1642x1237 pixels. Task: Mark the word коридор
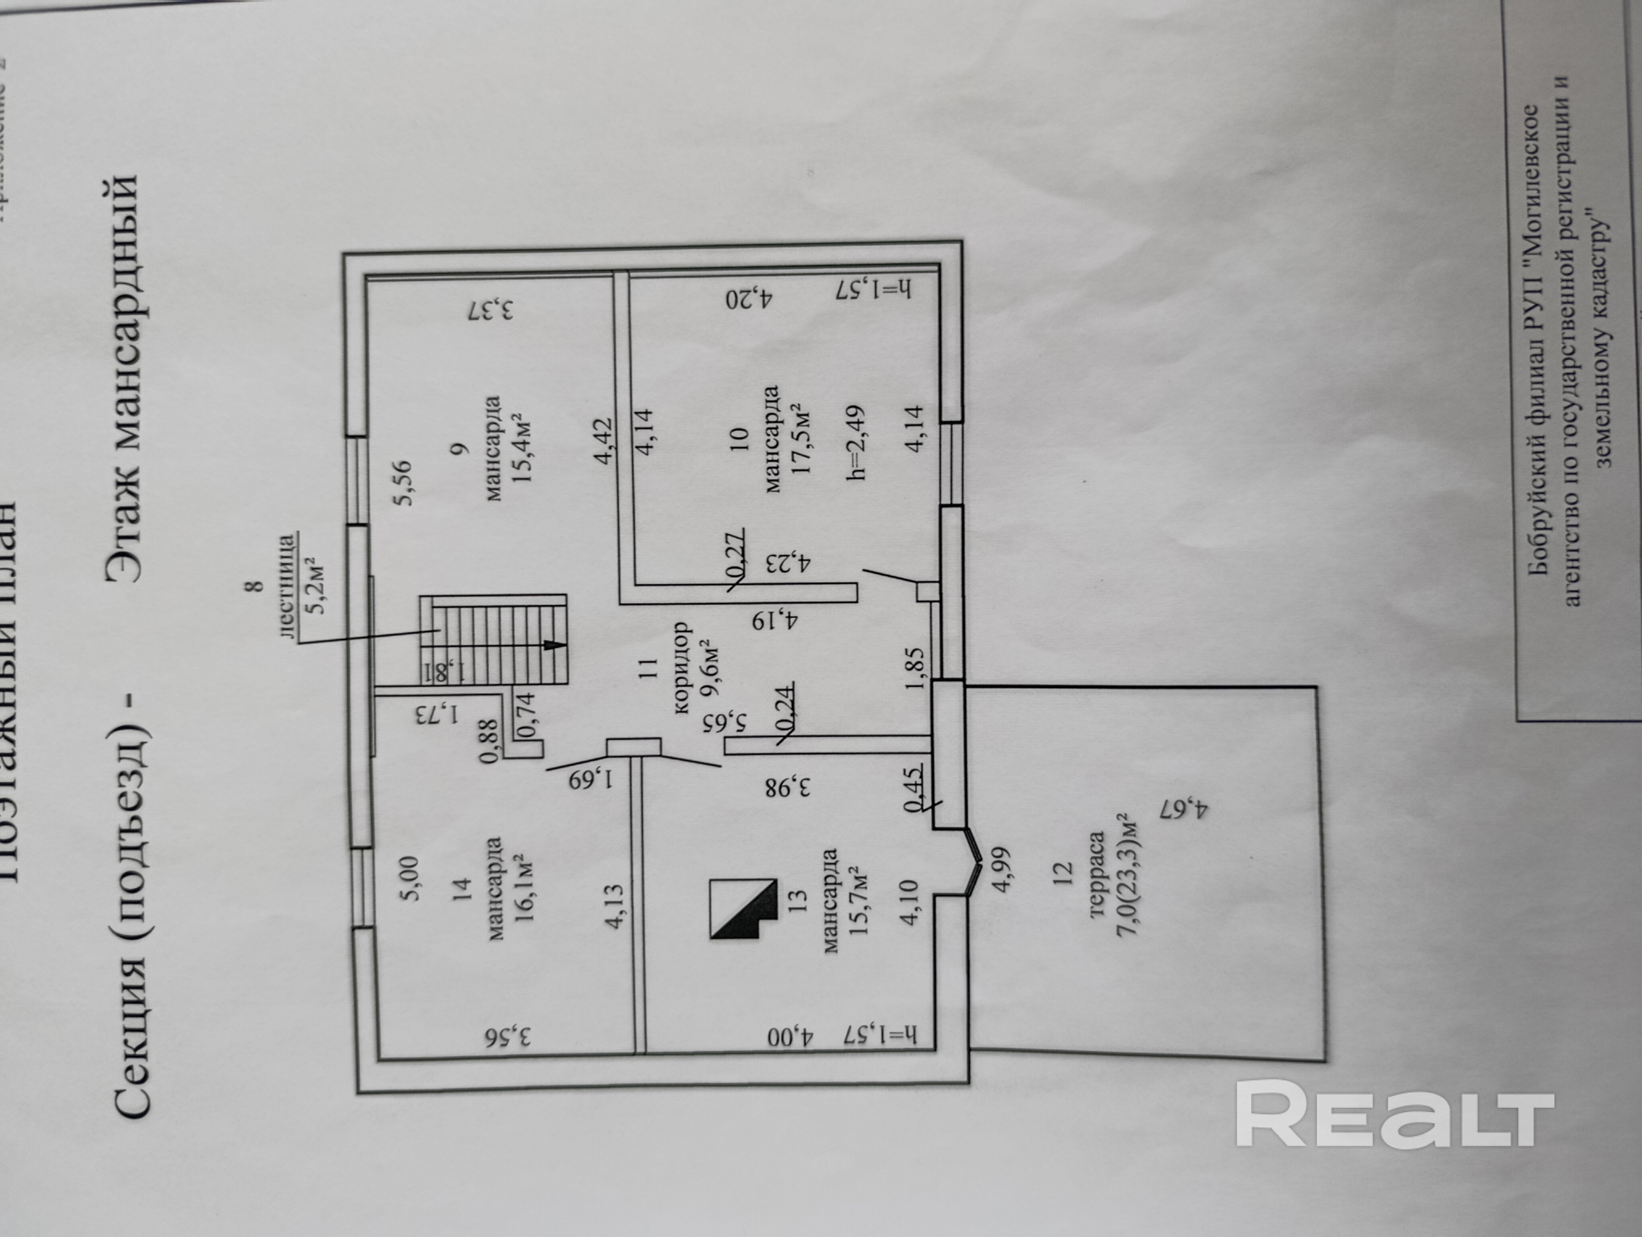[x=681, y=668]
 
